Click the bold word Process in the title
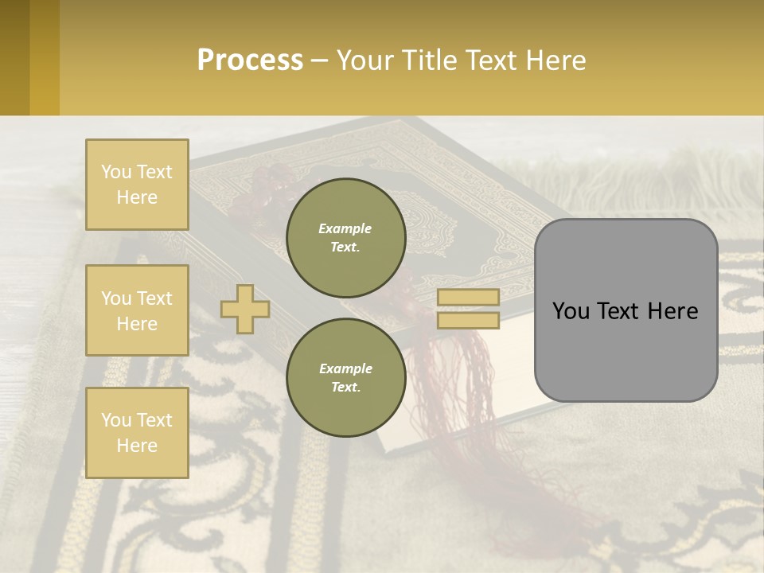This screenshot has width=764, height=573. (250, 60)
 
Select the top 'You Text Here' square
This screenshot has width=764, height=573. (137, 185)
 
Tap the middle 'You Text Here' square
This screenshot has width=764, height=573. (137, 310)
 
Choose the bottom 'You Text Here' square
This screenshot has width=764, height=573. (137, 433)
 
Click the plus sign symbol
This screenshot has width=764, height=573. (245, 309)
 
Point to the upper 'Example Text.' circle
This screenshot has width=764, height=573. (345, 238)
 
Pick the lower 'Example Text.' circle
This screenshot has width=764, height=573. (345, 378)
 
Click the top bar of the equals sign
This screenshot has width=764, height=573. (468, 298)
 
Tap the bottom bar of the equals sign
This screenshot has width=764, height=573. (468, 320)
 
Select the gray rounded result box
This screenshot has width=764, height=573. (626, 310)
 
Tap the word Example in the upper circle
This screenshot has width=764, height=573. (345, 228)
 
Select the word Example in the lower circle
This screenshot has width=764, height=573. (345, 368)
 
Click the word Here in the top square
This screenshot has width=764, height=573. (137, 197)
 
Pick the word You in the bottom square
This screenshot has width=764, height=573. (115, 420)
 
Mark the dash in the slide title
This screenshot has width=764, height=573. (319, 60)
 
